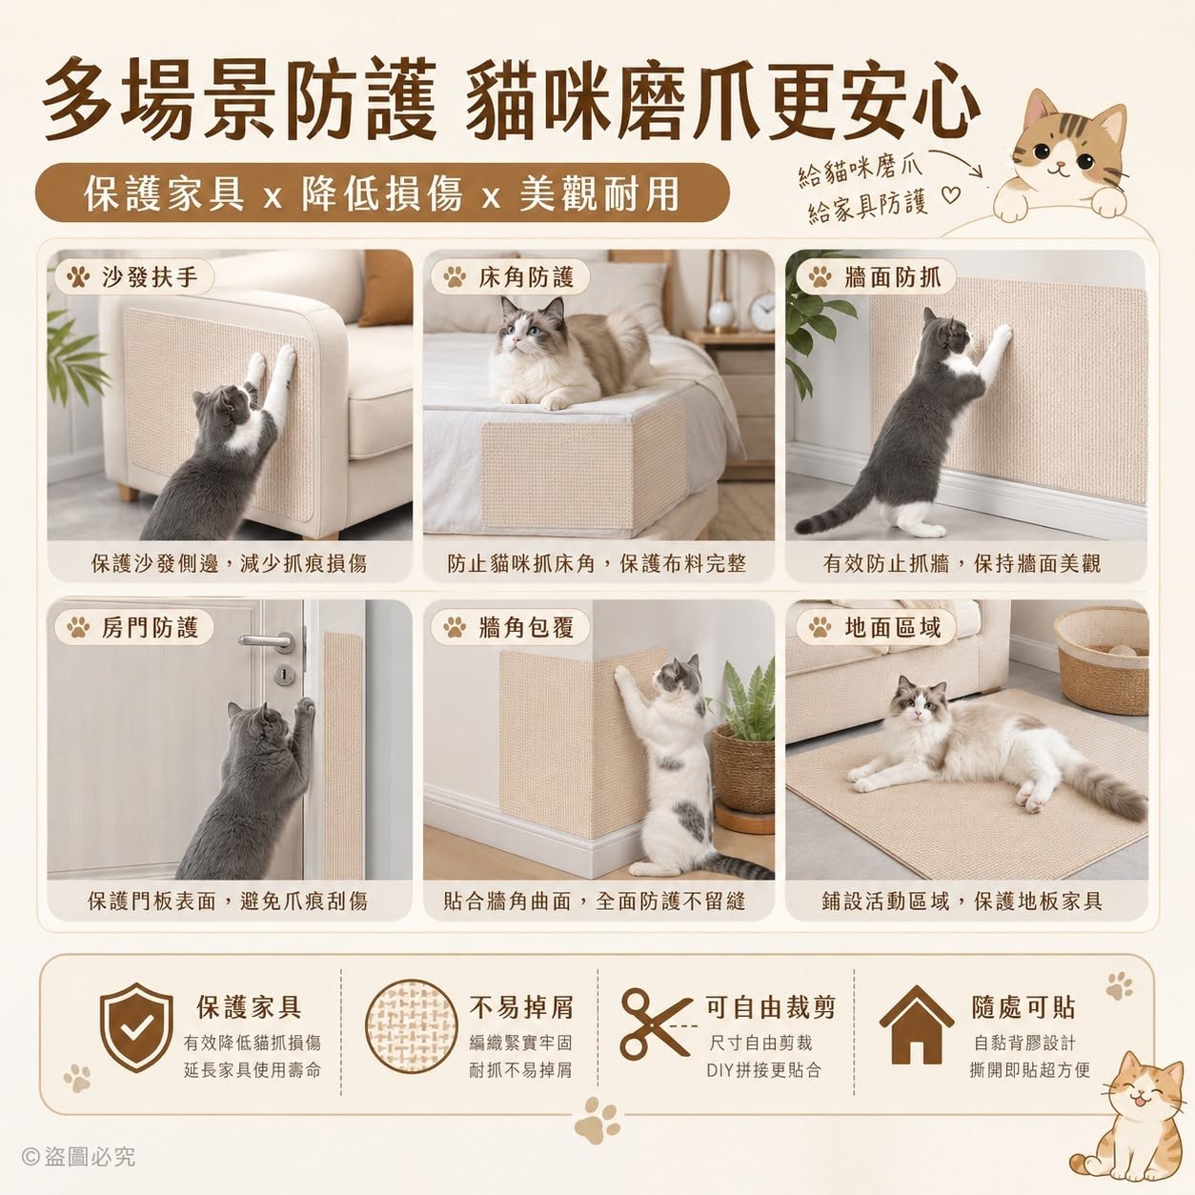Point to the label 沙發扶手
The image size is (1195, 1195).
pos(150,276)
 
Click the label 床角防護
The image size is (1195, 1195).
pos(526,276)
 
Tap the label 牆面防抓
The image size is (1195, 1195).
pos(892,276)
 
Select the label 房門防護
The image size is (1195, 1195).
pos(150,628)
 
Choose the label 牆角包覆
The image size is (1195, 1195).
pos(526,628)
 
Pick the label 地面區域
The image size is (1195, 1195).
pos(892,628)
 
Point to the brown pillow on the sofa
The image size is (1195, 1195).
pos(386,288)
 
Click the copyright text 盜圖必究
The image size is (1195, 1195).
pos(90,1157)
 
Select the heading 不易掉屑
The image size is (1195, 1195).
pos(521,1007)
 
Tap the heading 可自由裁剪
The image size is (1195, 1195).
pos(770,1007)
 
